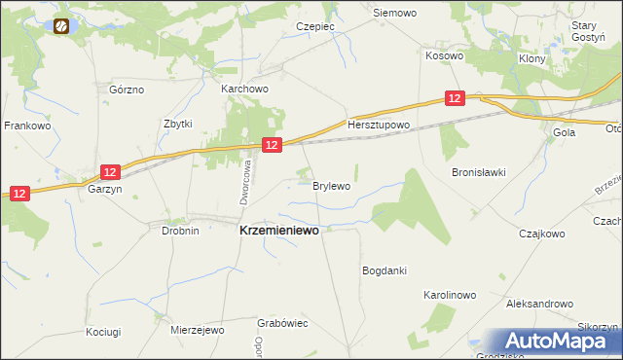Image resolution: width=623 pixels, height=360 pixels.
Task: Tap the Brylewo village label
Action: point(331,184)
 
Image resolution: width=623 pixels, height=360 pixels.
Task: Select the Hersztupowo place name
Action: point(379,126)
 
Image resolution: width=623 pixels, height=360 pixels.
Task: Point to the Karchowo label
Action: point(244,89)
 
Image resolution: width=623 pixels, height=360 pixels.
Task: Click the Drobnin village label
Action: point(180,232)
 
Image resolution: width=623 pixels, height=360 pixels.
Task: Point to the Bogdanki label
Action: point(384,270)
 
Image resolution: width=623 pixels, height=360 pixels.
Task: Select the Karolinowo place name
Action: point(449,294)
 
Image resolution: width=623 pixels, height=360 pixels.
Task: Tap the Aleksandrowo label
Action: point(538,304)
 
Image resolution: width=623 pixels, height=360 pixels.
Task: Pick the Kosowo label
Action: point(444,56)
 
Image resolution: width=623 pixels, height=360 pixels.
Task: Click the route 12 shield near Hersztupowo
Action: point(455,98)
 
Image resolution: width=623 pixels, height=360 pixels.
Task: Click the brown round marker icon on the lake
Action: point(62,26)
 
